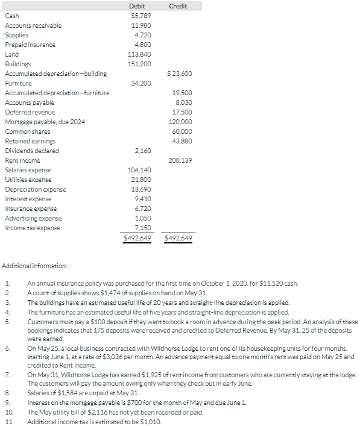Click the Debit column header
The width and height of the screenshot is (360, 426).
pyautogui.click(x=137, y=6)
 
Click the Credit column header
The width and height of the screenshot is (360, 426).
pyautogui.click(x=178, y=6)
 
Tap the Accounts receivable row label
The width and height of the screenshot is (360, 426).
pyautogui.click(x=33, y=25)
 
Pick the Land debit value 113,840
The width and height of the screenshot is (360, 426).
pyautogui.click(x=139, y=54)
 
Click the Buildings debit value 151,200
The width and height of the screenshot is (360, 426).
pyautogui.click(x=139, y=64)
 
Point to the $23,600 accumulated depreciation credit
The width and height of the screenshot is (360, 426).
pyautogui.click(x=179, y=74)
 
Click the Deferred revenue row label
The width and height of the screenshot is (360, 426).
pyautogui.click(x=30, y=112)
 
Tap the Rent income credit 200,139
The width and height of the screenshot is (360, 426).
pyautogui.click(x=180, y=160)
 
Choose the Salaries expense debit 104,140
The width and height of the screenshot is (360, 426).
pyautogui.click(x=139, y=170)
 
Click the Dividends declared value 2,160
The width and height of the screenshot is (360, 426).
pyautogui.click(x=142, y=151)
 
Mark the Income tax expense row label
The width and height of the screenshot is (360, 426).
pyautogui.click(x=33, y=228)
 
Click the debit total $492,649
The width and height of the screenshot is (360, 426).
pyautogui.click(x=137, y=238)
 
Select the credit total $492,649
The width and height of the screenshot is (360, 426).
pyautogui.click(x=178, y=238)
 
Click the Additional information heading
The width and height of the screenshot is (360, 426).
pyautogui.click(x=35, y=265)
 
